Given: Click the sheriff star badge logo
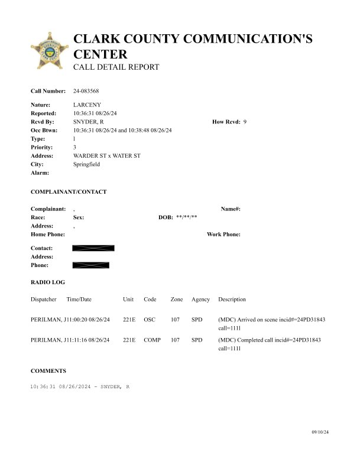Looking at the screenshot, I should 49,53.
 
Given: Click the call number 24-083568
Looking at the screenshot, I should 86,91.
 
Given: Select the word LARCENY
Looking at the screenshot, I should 86,105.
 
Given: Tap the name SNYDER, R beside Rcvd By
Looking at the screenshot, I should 89,122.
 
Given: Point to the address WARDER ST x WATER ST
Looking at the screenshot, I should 106,155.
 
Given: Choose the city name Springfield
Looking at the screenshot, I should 86,164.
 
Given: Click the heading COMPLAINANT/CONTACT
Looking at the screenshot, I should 69,192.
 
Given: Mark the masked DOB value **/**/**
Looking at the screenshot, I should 186,217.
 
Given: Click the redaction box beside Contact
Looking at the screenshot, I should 93,248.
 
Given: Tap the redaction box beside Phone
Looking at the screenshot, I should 90,265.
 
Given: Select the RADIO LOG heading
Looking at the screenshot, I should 48,283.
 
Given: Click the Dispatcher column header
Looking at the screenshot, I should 44,300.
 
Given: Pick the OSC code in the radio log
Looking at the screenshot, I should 150,320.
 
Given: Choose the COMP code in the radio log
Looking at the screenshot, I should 152,340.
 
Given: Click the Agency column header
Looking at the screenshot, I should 200,300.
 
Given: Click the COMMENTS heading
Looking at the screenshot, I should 48,371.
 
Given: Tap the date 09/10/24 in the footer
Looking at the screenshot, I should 320,433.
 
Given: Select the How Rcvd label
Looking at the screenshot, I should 226,122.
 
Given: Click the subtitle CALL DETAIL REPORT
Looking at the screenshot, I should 116,67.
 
